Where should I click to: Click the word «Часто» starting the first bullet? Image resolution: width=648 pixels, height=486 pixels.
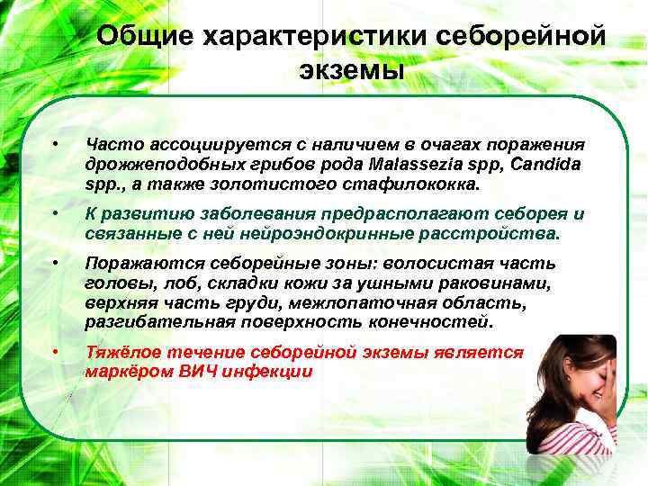coord(110,146)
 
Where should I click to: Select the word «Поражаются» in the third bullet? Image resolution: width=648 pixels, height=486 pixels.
coord(144,263)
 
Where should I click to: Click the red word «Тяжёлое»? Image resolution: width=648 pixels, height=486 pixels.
coord(126,352)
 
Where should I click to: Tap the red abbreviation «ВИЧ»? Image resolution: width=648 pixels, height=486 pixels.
coord(205,372)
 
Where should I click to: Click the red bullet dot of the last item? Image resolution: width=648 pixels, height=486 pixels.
coord(55,351)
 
